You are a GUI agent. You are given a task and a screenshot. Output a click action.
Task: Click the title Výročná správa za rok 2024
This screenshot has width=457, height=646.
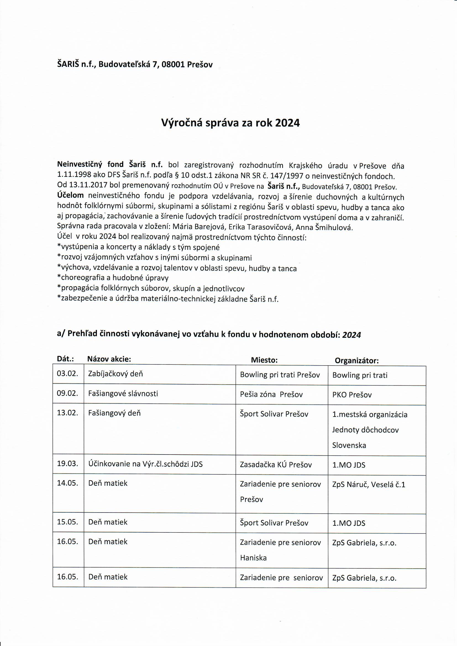tap(230, 123)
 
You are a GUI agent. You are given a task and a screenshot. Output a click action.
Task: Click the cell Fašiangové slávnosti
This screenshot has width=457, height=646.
tap(123, 393)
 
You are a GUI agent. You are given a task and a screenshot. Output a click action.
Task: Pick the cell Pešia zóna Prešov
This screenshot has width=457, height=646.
tap(271, 395)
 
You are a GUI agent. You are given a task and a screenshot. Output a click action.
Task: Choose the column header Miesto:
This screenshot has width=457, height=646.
tap(264, 360)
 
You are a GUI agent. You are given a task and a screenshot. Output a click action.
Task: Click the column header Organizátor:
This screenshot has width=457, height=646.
tap(356, 361)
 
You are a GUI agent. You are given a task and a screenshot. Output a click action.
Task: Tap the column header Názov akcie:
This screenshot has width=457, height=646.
tap(109, 359)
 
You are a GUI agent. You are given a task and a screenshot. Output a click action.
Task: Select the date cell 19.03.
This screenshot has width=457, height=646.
tap(67, 464)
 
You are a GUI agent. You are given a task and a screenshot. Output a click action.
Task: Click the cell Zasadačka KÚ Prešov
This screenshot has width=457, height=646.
tap(276, 464)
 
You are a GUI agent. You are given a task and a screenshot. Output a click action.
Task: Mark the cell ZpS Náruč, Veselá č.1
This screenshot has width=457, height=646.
tap(369, 485)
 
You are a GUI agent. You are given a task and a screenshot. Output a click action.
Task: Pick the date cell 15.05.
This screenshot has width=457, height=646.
tap(67, 522)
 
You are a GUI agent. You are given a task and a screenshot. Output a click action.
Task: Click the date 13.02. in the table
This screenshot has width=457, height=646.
tap(67, 413)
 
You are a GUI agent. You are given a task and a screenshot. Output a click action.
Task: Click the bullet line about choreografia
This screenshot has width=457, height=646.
tap(112, 278)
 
